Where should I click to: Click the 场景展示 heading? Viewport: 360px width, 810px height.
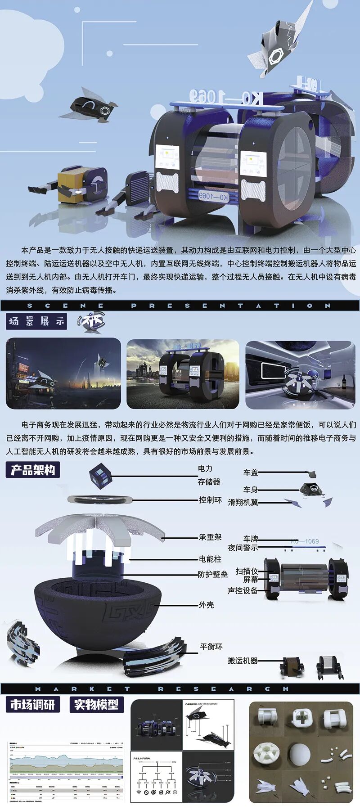[x=36, y=321]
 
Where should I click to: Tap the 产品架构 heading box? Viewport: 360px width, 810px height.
[x=33, y=470]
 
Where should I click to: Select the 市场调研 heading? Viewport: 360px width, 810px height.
[x=32, y=704]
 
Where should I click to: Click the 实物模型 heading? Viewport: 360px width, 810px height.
[x=96, y=704]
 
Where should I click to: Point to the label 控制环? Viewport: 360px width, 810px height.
[x=211, y=500]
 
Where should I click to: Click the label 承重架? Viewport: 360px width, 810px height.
[x=210, y=537]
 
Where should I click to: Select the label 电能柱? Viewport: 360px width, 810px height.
[x=210, y=559]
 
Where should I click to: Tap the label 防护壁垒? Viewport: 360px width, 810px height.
[x=213, y=574]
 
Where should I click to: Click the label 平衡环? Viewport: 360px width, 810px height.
[x=211, y=647]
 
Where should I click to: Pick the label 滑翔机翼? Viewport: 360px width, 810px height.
[x=243, y=502]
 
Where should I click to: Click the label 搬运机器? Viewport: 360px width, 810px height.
[x=243, y=661]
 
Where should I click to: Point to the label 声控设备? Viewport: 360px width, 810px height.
[x=243, y=590]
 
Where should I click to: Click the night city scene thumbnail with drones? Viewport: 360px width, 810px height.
[x=63, y=373]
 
